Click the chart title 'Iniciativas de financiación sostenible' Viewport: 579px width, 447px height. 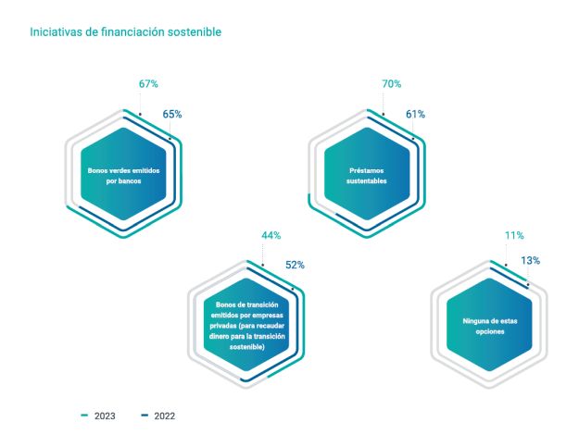point(125,32)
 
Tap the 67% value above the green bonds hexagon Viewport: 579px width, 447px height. point(148,84)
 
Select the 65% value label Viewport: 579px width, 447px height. point(172,115)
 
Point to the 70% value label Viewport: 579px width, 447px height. point(391,84)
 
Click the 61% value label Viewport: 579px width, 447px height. point(415,115)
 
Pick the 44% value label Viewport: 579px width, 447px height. point(271,236)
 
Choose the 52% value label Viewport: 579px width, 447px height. point(295,266)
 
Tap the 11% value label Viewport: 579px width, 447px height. point(514,236)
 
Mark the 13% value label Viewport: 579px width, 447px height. point(530,261)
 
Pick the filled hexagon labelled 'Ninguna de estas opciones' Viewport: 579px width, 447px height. point(489,326)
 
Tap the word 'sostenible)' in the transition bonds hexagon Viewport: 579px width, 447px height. point(246,346)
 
